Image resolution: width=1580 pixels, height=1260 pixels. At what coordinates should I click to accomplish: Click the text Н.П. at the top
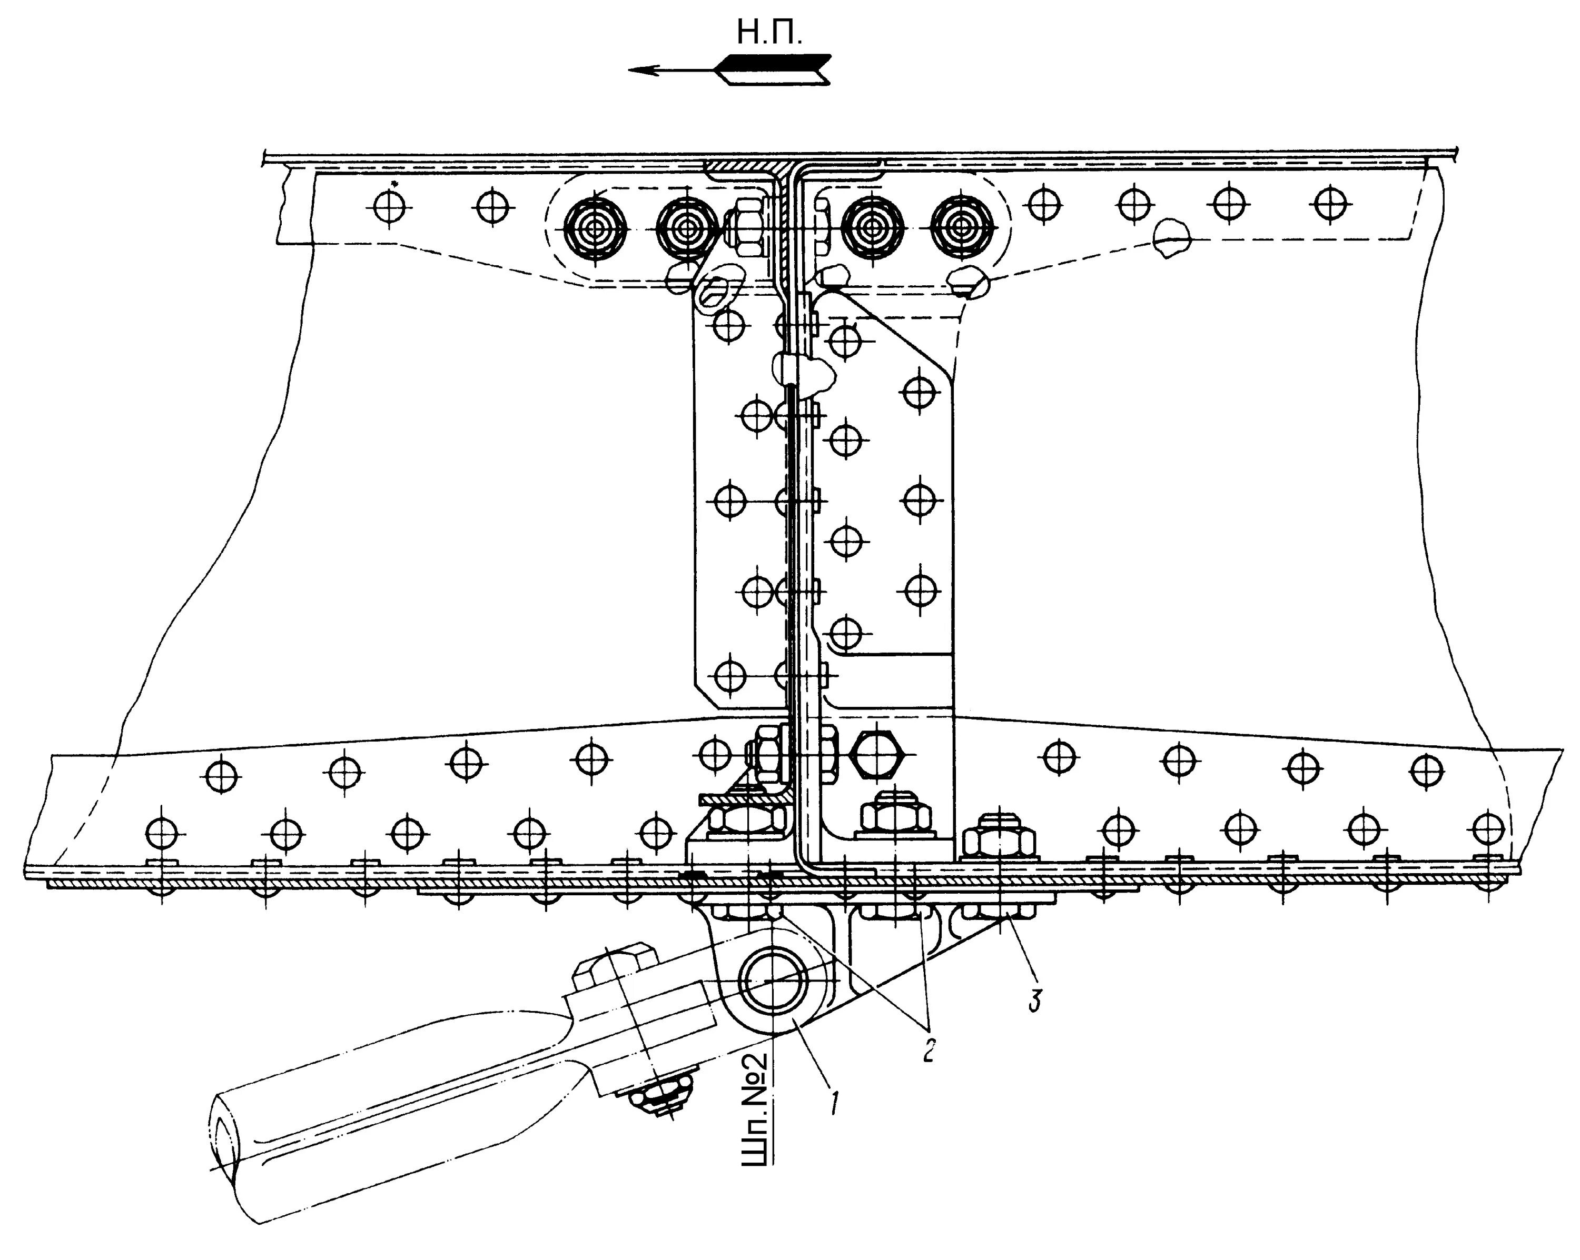769,33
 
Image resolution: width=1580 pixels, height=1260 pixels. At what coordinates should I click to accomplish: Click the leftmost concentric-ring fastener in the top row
596,228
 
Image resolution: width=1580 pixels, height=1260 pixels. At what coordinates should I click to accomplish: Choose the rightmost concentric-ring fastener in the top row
962,228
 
